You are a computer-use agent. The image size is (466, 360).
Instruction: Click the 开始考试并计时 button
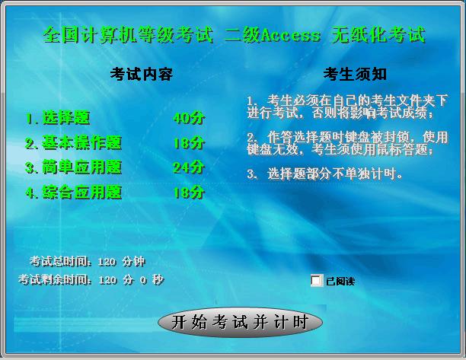coord(240,322)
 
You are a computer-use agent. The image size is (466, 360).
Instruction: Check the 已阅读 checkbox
coord(316,280)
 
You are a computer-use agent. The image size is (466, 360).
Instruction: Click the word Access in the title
coord(291,36)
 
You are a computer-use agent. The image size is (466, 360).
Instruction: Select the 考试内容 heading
coord(141,74)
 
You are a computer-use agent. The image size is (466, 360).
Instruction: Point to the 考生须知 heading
coord(355,74)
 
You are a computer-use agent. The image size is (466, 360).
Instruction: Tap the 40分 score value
coord(189,118)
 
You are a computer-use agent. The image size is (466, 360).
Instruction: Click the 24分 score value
coord(189,167)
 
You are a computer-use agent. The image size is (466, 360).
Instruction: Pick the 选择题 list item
coord(58,118)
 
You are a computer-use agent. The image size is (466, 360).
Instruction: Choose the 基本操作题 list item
coord(74,143)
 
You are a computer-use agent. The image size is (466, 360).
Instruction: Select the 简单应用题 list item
coord(74,167)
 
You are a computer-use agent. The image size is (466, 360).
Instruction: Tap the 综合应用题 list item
coord(74,193)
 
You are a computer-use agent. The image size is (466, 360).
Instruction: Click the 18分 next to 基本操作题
coord(189,143)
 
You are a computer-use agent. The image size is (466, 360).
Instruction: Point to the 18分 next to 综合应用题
coord(189,193)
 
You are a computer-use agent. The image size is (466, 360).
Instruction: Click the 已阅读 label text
coord(340,281)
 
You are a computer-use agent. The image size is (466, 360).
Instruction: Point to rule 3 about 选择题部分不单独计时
coord(325,174)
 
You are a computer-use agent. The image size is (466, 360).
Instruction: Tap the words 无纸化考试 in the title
coord(378,35)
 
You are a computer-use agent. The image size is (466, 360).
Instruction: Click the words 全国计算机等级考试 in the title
coord(129,35)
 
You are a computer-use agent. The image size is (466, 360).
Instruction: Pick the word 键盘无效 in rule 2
coord(273,149)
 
